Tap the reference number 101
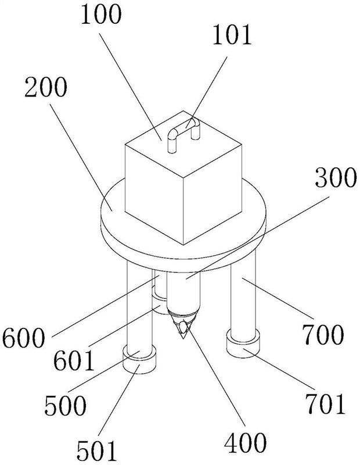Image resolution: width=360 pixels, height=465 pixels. click(x=232, y=35)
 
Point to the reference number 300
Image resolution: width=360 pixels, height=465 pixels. click(x=336, y=177)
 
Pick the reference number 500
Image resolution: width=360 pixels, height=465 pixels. click(x=65, y=405)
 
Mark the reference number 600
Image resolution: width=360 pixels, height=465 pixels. click(x=24, y=338)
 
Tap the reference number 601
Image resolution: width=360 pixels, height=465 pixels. click(x=74, y=360)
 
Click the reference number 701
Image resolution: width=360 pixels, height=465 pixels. click(x=326, y=403)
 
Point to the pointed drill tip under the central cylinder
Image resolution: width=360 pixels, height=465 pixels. click(x=183, y=325)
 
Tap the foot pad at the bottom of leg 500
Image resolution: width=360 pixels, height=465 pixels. click(x=139, y=361)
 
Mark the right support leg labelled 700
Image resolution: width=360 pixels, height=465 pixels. click(x=243, y=294)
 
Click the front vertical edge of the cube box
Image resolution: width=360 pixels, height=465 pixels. click(x=183, y=212)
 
